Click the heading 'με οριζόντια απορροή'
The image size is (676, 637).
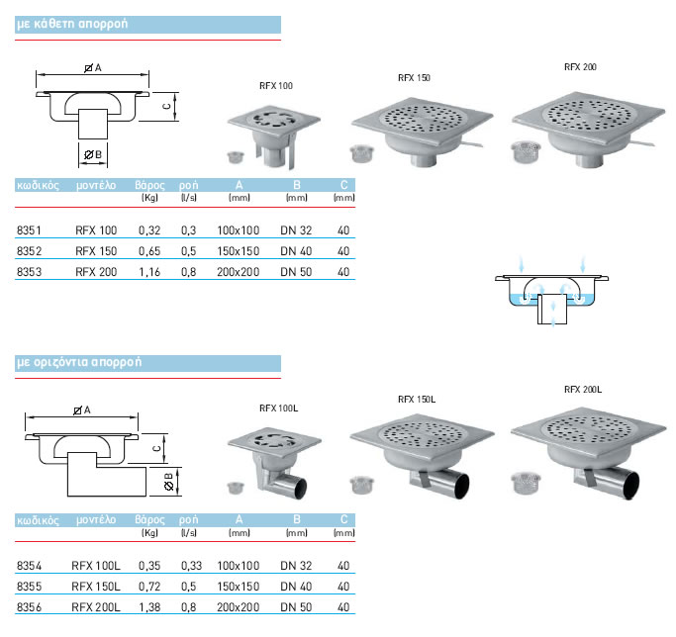pyautogui.click(x=79, y=361)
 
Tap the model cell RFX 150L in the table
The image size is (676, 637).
pyautogui.click(x=97, y=586)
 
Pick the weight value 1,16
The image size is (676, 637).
pyautogui.click(x=148, y=271)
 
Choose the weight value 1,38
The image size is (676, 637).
pyautogui.click(x=148, y=604)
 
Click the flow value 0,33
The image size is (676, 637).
pyautogui.click(x=190, y=566)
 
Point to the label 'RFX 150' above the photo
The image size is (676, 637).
pyautogui.click(x=414, y=77)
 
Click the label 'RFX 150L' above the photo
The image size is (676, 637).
pyautogui.click(x=416, y=399)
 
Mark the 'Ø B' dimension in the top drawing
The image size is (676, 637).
pyautogui.click(x=92, y=154)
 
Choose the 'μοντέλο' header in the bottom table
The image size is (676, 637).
pyautogui.click(x=96, y=519)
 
